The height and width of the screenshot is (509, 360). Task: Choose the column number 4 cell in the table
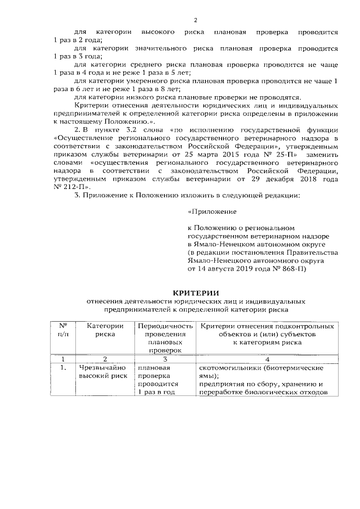pyautogui.click(x=267, y=359)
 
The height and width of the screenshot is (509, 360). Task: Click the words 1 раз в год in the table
pyautogui.click(x=155, y=392)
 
